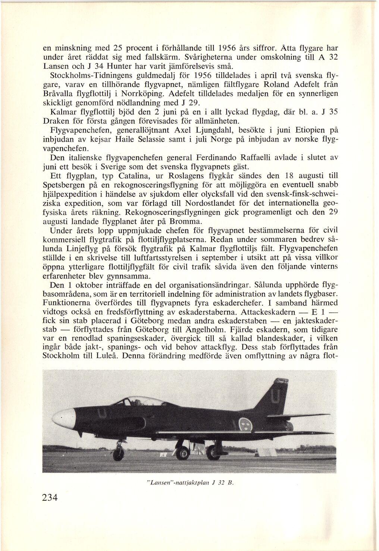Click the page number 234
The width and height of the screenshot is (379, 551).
coord(50,498)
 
